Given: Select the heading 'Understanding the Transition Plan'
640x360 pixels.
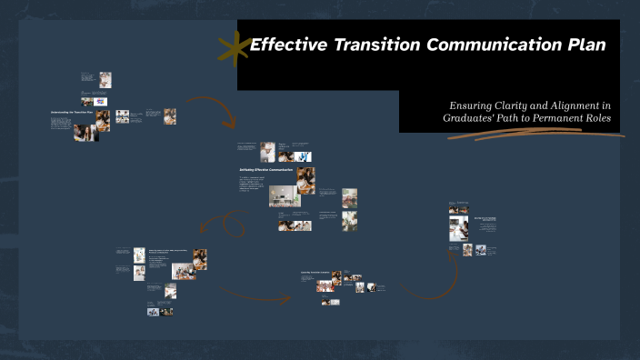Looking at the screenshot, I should point(71,113).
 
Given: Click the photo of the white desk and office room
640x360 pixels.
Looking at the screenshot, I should point(281,196).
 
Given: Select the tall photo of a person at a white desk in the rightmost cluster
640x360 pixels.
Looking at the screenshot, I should point(459,225).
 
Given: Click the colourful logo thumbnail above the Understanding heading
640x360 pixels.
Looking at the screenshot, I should point(100,102).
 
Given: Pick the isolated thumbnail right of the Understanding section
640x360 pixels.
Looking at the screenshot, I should point(170,116).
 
